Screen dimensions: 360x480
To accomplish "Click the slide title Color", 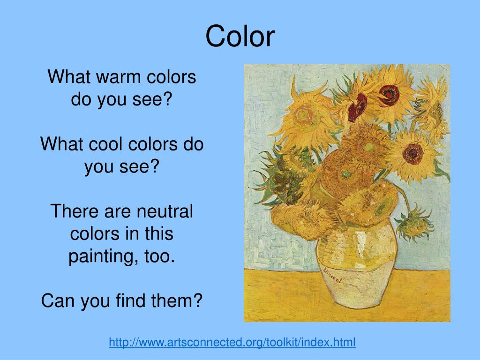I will tap(240, 37).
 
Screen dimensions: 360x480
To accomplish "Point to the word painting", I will tap(96, 256).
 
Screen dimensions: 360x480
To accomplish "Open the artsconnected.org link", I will tap(232, 342).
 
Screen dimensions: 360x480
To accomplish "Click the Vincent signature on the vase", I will tap(332, 275).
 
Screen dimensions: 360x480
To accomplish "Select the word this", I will tap(157, 234).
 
